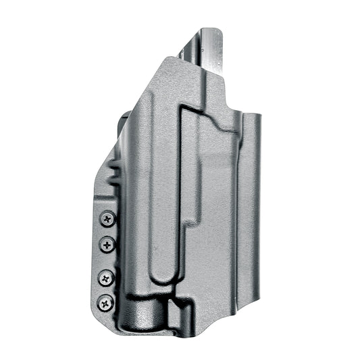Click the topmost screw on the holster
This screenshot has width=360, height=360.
(x=107, y=219)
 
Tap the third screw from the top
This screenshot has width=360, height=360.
(x=106, y=277)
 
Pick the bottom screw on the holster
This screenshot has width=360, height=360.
(x=105, y=302)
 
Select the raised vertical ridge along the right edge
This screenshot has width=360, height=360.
(x=252, y=203)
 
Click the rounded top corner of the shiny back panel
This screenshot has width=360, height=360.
(x=211, y=32)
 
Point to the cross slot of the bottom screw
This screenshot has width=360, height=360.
(x=105, y=302)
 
